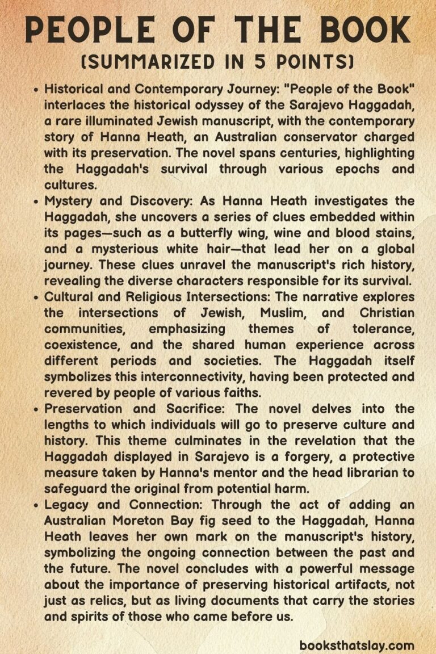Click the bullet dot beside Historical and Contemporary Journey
37,90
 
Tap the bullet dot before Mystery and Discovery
37,202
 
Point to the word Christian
387,313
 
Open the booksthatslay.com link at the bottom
357,645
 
